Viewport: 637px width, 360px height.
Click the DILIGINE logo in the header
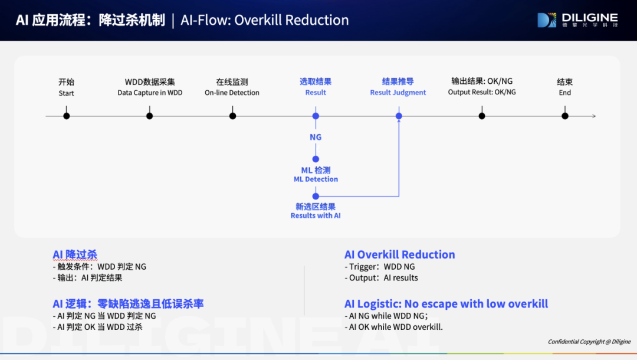(x=577, y=20)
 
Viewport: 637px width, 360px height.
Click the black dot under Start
(x=67, y=116)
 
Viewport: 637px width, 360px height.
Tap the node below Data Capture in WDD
(x=149, y=116)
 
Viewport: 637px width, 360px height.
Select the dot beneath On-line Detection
(x=233, y=116)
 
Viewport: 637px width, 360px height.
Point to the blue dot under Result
(x=316, y=116)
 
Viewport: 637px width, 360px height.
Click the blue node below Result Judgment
(x=399, y=116)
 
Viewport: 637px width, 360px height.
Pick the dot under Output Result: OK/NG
(x=482, y=116)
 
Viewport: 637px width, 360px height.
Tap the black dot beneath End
(x=565, y=116)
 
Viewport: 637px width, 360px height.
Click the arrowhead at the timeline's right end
(x=595, y=116)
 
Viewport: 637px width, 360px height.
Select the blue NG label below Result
(x=316, y=138)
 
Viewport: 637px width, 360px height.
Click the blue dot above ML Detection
(x=316, y=159)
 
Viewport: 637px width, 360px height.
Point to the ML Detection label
(x=316, y=174)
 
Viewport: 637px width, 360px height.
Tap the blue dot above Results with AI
(x=316, y=197)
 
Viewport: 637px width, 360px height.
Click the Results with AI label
(x=316, y=211)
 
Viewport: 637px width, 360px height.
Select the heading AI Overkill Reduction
(x=400, y=255)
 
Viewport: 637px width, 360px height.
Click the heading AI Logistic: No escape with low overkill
(x=446, y=304)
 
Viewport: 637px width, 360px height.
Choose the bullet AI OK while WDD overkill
(x=393, y=327)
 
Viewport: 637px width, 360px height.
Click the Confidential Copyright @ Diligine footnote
(x=589, y=342)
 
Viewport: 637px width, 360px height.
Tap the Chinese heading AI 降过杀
(x=75, y=255)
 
